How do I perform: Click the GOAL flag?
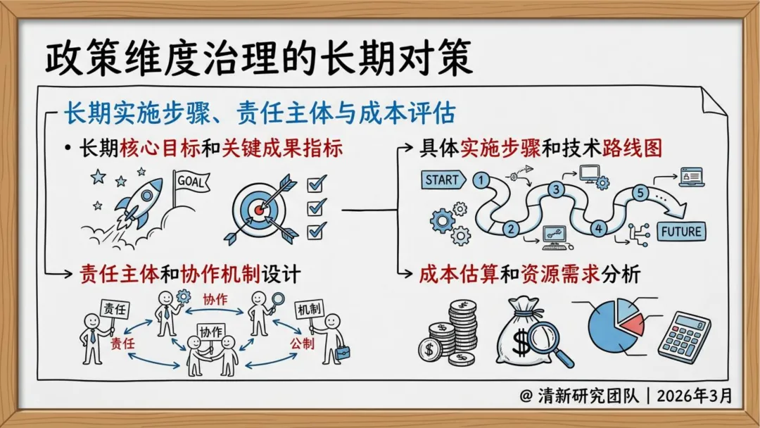[191, 181]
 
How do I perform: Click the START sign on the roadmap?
[441, 180]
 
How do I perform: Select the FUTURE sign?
[681, 231]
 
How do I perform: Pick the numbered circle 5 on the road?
[640, 191]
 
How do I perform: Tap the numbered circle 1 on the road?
[482, 180]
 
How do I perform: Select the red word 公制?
[303, 344]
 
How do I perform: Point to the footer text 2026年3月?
[694, 396]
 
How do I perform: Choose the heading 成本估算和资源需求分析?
[529, 274]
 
